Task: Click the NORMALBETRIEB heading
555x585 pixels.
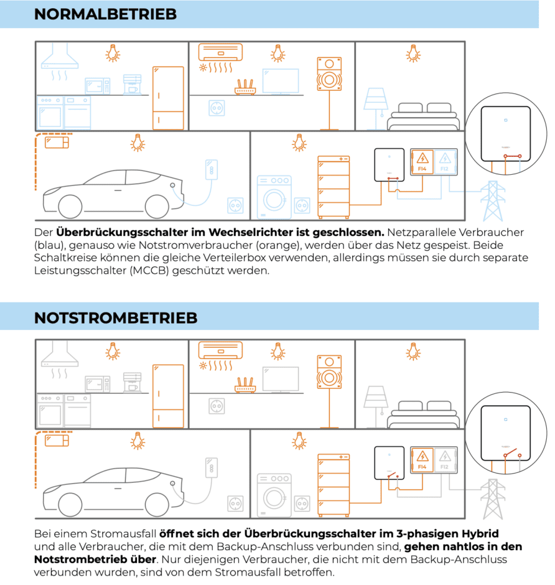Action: click(105, 14)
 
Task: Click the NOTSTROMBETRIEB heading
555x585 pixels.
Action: click(116, 317)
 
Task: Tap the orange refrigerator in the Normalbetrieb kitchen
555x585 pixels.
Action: click(168, 96)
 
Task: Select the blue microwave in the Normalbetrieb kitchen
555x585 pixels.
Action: click(97, 85)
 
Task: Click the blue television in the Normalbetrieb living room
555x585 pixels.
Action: click(281, 81)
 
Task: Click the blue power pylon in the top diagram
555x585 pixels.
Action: click(493, 199)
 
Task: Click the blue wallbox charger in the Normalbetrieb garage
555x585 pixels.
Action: click(212, 169)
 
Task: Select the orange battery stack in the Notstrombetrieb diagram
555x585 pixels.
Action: click(333, 485)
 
